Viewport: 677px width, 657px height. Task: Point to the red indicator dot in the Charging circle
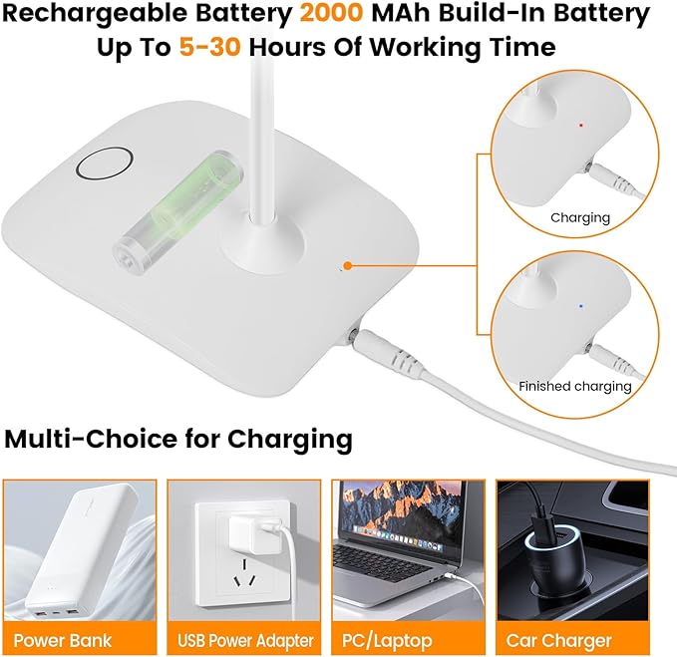point(580,126)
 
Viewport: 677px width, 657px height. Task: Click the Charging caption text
point(579,216)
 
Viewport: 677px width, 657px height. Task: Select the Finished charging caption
point(574,386)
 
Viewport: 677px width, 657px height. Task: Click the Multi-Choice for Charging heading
point(178,438)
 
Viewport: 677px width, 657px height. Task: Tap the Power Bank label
point(63,640)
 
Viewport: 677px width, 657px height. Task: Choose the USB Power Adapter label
point(244,640)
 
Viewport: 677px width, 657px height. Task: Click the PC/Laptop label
point(408,640)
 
